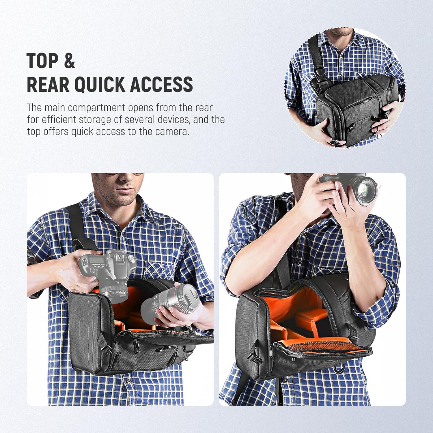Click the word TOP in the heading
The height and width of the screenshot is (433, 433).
click(43, 61)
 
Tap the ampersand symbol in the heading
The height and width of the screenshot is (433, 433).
click(69, 61)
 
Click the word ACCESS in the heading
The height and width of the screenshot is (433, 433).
click(162, 84)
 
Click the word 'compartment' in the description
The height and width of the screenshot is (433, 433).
click(97, 108)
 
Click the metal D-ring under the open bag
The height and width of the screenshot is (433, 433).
click(339, 369)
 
